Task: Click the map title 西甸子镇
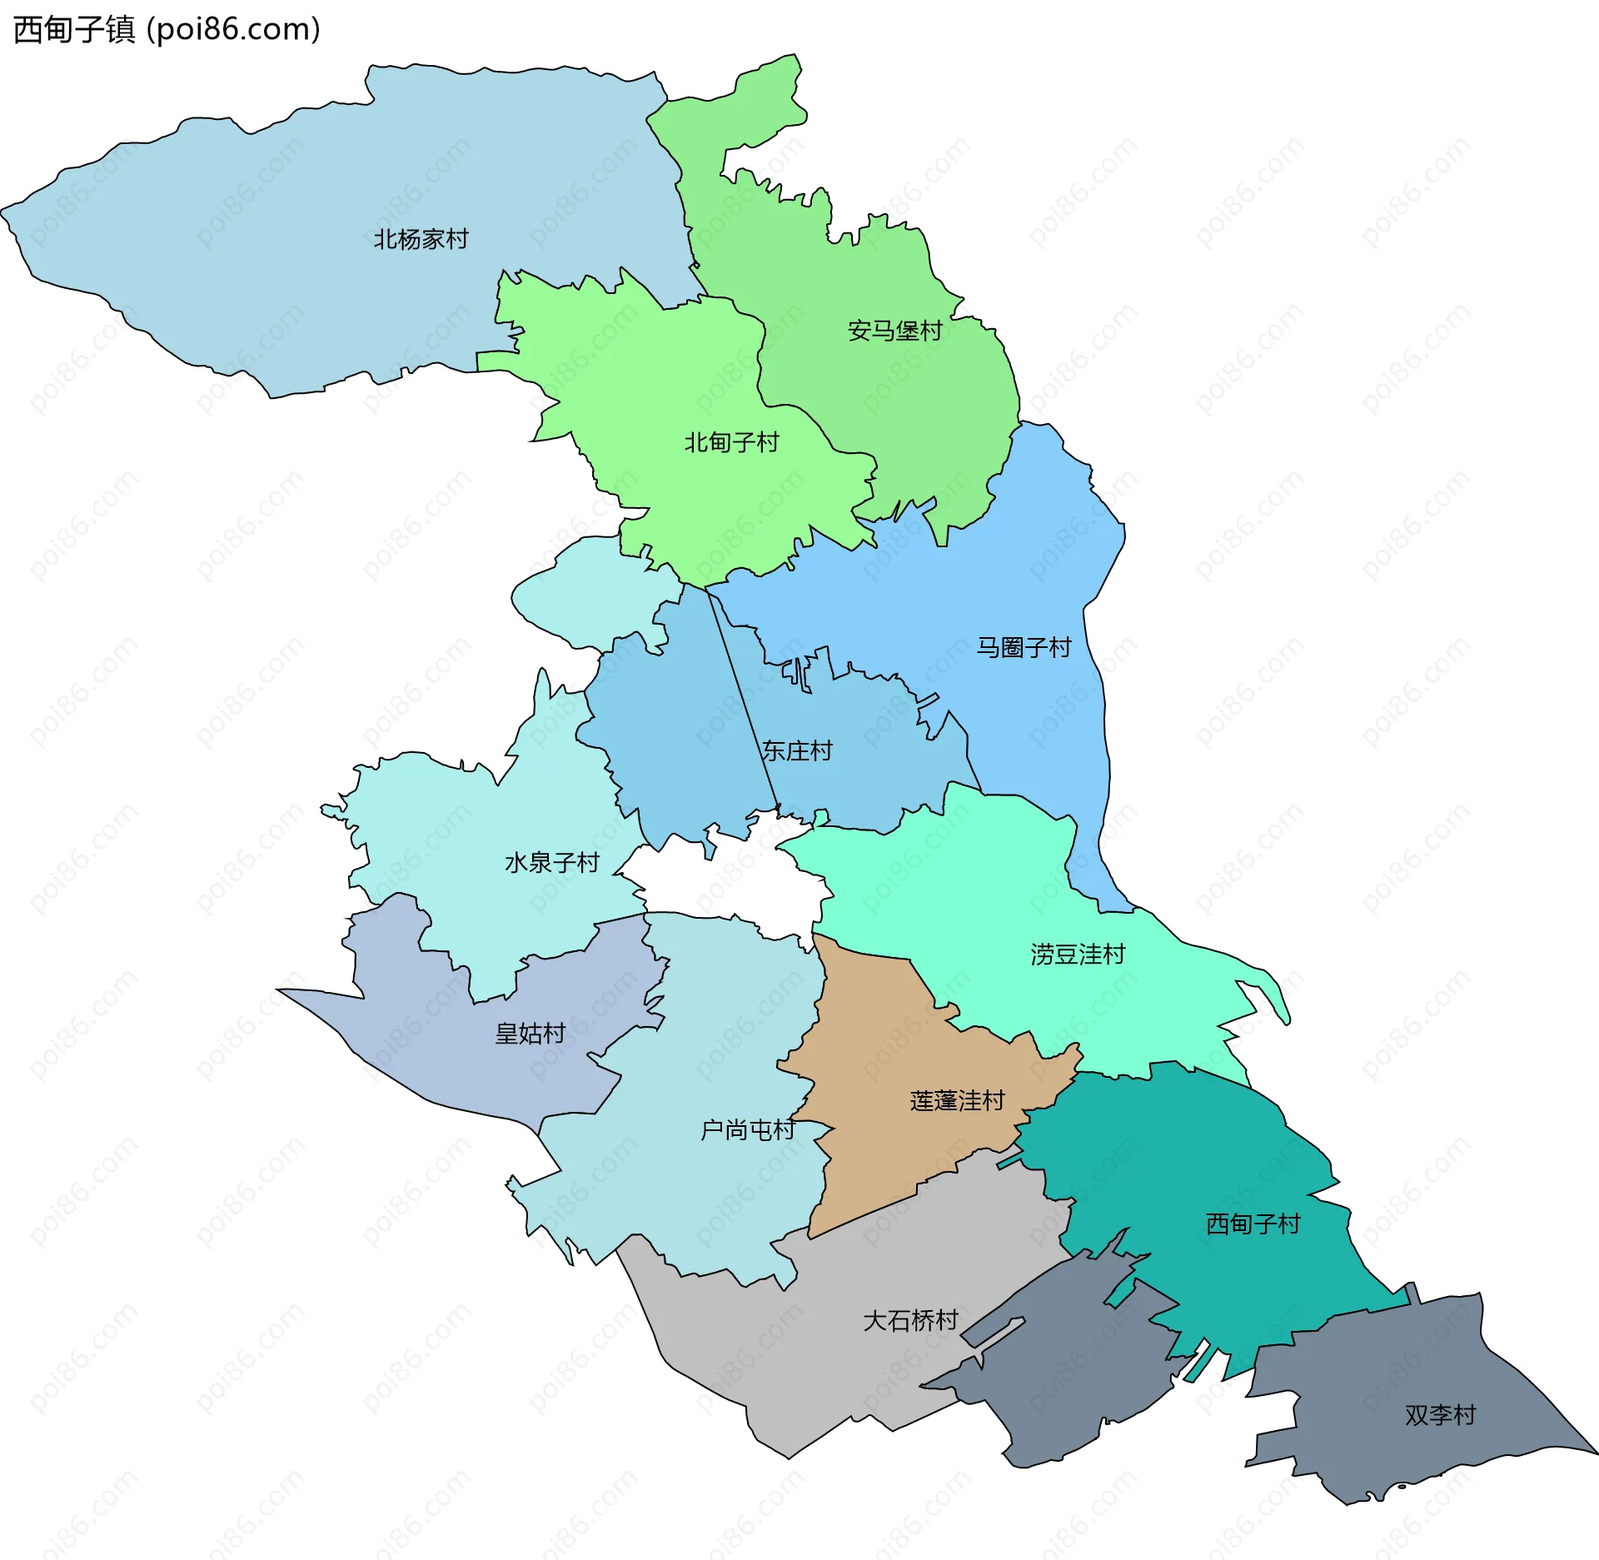[x=73, y=29]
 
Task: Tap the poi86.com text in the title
[x=233, y=29]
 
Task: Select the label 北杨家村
[x=421, y=240]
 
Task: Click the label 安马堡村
[x=894, y=331]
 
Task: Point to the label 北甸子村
[x=731, y=442]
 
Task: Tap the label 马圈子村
[x=1024, y=648]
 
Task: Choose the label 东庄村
[x=797, y=751]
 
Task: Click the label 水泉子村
[x=551, y=863]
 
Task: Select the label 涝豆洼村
[x=1078, y=954]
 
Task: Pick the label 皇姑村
[x=530, y=1034]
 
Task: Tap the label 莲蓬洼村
[x=958, y=1101]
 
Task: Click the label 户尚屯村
[x=748, y=1130]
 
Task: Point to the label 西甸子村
[x=1253, y=1224]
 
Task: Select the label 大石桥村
[x=910, y=1321]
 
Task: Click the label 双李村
[x=1440, y=1415]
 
